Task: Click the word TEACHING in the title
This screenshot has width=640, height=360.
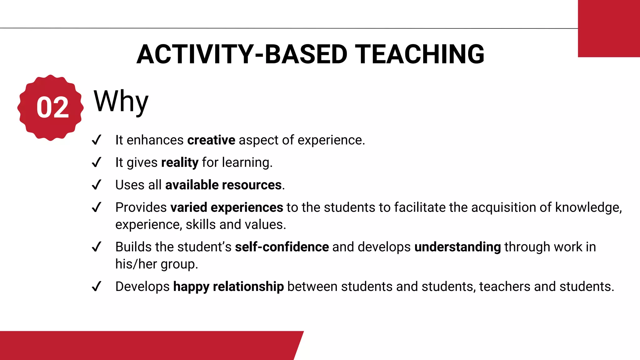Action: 419,54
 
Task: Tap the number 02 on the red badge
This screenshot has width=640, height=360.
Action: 52,108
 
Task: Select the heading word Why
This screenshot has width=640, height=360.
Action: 121,102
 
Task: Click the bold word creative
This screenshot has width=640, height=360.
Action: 211,140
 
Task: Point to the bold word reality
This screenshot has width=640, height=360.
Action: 180,162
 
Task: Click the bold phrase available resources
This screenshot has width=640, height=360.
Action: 223,185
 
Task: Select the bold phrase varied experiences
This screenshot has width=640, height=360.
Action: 227,207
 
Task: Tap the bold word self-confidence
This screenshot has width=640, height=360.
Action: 282,247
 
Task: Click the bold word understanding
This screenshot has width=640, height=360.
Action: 457,247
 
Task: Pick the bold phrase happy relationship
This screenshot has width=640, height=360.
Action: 228,287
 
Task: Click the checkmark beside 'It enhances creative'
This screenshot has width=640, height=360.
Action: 97,140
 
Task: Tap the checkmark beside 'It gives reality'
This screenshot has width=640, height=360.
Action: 97,162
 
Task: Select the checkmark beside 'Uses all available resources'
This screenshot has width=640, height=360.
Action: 97,185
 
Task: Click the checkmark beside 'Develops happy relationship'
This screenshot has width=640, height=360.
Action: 97,286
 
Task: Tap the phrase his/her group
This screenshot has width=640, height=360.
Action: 156,264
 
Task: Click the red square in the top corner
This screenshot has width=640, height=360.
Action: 609,28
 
